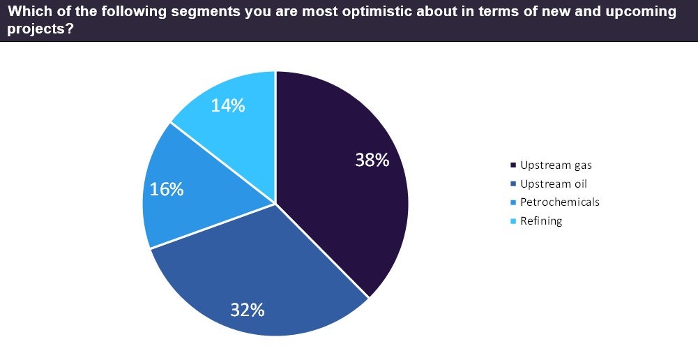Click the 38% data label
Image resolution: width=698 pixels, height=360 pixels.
click(372, 160)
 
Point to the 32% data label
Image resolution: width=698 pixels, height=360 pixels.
click(248, 310)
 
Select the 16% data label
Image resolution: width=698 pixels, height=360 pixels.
click(167, 188)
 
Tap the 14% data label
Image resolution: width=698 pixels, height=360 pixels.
click(228, 105)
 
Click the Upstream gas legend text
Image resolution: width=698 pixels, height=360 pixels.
click(556, 165)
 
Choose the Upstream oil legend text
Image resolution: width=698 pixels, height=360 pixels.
click(554, 183)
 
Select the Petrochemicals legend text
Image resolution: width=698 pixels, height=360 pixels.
click(560, 202)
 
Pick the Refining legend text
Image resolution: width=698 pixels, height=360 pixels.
click(541, 221)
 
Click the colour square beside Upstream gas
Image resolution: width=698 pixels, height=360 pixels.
click(513, 165)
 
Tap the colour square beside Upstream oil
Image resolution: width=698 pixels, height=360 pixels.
click(513, 184)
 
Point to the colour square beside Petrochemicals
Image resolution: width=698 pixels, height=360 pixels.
click(513, 203)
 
